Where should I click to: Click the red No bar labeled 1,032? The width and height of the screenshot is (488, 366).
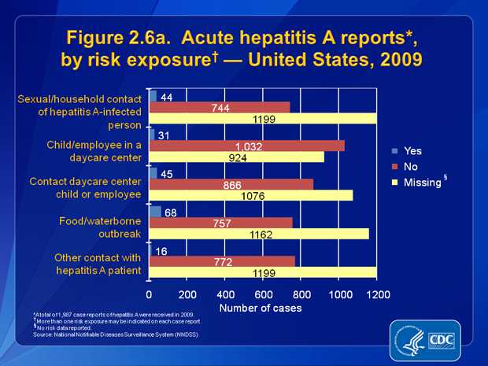coord(246,146)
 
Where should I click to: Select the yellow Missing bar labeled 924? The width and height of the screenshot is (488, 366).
coord(236,157)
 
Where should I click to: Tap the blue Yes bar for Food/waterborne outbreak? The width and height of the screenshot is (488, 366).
coord(155,212)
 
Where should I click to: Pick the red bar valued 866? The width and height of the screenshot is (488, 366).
coord(231,184)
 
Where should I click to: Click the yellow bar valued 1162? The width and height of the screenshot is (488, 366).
coord(258,234)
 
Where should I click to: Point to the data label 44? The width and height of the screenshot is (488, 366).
coord(166,97)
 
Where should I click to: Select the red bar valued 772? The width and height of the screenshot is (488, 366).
coord(222,261)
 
